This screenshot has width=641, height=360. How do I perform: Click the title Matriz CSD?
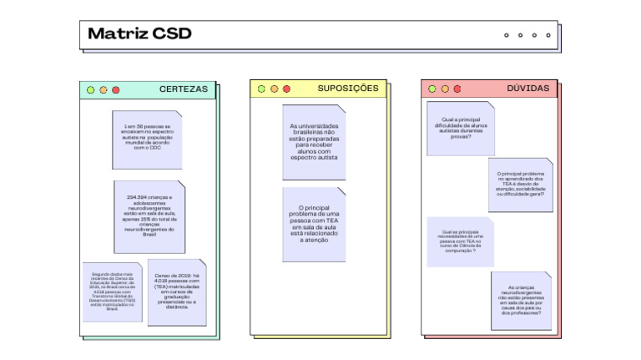tap(139, 34)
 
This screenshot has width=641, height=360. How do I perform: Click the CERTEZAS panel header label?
tap(184, 89)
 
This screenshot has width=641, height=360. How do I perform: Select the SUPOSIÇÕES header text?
tap(347, 89)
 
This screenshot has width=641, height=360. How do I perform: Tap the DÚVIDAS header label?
tap(527, 89)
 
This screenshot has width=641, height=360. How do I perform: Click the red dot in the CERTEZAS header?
tap(116, 89)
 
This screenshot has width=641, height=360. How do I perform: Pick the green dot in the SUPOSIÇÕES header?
tap(261, 89)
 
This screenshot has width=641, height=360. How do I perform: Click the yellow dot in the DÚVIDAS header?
tap(445, 89)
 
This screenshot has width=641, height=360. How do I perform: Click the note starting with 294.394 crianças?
tap(149, 216)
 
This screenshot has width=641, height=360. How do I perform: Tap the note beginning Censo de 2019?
tap(177, 292)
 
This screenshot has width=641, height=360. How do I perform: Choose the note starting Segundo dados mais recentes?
tap(112, 292)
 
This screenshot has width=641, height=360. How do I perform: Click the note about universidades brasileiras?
tap(314, 142)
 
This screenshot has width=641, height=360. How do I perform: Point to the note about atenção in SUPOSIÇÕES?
tap(314, 224)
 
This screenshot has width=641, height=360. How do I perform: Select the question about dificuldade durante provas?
tap(460, 128)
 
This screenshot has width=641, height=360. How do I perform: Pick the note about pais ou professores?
tap(521, 300)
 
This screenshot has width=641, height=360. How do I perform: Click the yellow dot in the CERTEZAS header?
tap(103, 89)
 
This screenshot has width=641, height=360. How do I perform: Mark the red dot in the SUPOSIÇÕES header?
tap(286, 89)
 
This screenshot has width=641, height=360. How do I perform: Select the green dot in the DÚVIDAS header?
tap(432, 89)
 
